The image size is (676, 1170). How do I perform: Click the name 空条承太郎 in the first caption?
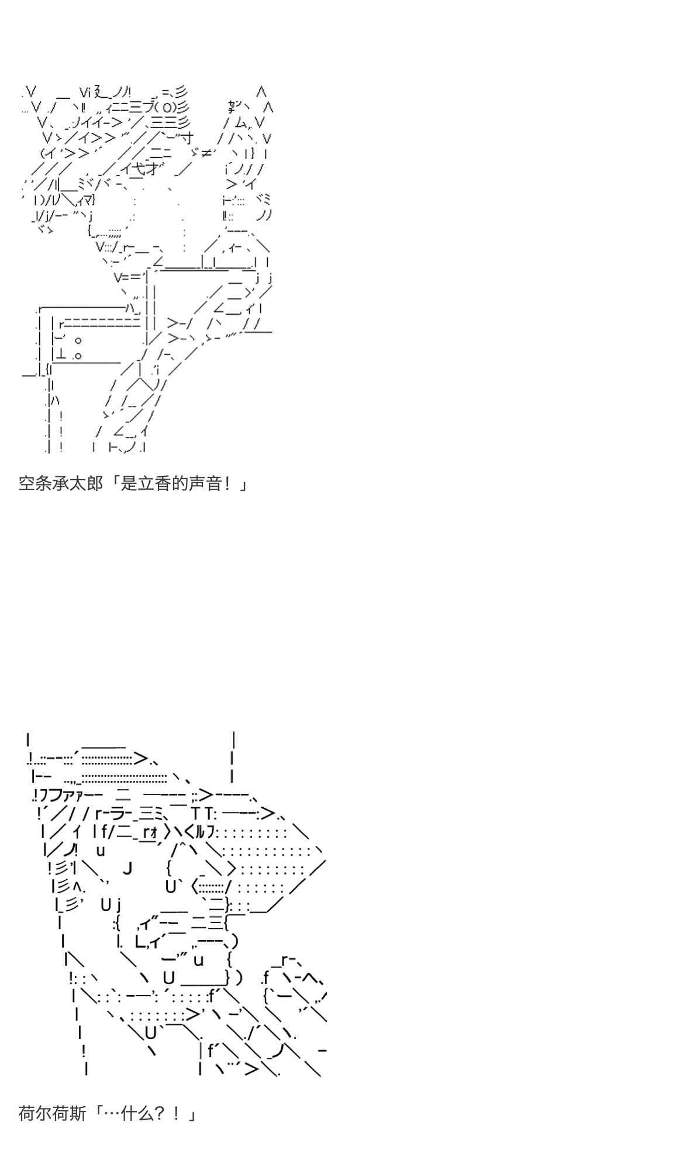[61, 484]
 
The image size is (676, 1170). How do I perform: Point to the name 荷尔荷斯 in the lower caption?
[53, 1113]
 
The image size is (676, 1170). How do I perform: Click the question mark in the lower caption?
[158, 1113]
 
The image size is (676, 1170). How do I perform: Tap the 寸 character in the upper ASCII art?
[187, 139]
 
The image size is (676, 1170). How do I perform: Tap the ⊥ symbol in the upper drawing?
[61, 355]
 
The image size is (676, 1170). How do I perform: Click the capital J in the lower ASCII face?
[127, 868]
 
